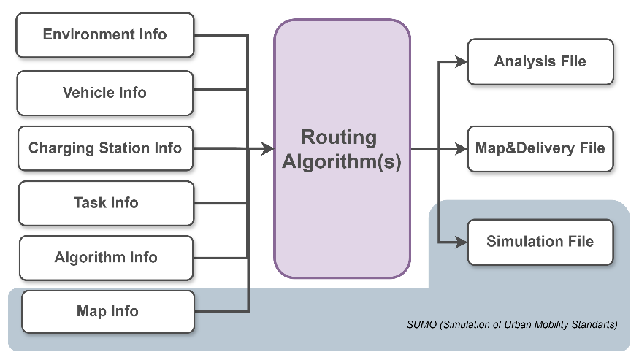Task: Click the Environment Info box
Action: click(105, 35)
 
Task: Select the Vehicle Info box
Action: click(105, 93)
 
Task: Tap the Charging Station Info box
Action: click(105, 148)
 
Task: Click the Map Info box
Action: click(108, 312)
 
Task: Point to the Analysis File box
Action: click(540, 62)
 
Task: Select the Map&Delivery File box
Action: click(540, 149)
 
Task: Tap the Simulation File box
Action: click(540, 242)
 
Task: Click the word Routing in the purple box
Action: click(340, 137)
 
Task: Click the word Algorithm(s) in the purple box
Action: click(341, 162)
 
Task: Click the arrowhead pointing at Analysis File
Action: click(462, 62)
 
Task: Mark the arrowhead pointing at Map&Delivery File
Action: click(462, 149)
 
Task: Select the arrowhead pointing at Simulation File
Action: click(462, 241)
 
